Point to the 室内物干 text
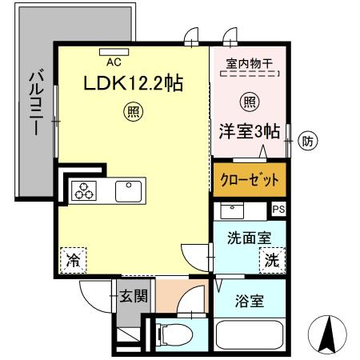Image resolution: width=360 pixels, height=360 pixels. pyautogui.click(x=248, y=62)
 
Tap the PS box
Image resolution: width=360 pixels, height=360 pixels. pyautogui.click(x=278, y=209)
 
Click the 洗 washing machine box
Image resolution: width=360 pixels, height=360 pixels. pyautogui.click(x=272, y=258)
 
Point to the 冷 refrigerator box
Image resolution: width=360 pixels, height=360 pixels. pyautogui.click(x=74, y=259)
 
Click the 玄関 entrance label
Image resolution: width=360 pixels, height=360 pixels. pyautogui.click(x=133, y=297)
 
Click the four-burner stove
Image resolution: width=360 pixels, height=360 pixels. pyautogui.click(x=83, y=191)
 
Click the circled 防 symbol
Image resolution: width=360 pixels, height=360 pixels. pyautogui.click(x=307, y=142)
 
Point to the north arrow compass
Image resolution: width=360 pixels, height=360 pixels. pyautogui.click(x=326, y=334)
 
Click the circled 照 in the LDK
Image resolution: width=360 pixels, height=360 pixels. pyautogui.click(x=130, y=111)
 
